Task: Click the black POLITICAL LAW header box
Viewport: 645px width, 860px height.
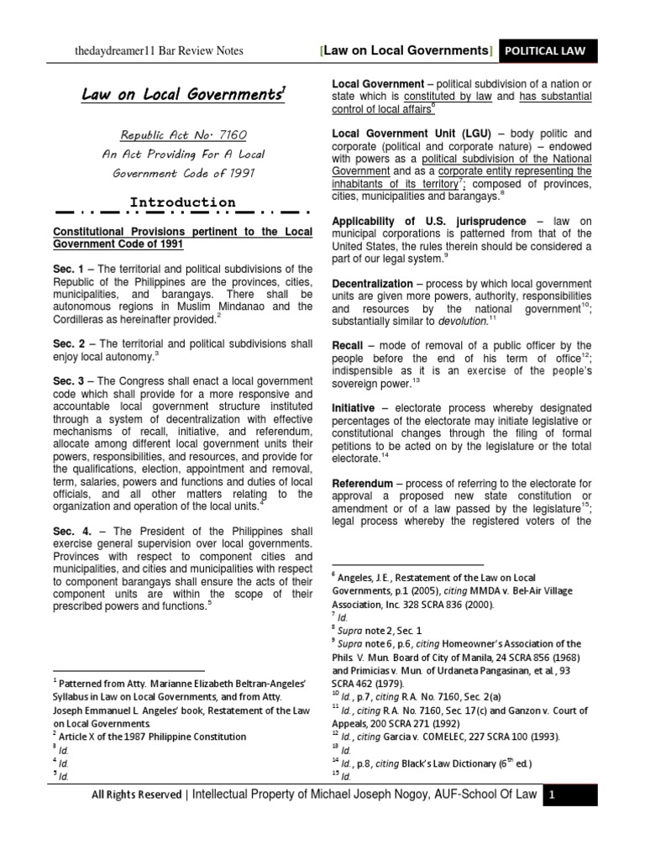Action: coord(548,51)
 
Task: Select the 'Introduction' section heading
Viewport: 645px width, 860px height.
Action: coord(182,202)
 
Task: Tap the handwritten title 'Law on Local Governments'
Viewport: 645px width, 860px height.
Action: coord(182,95)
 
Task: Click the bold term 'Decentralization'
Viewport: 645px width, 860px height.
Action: coord(372,284)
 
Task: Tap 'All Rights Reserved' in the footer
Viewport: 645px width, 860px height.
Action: coord(136,794)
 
